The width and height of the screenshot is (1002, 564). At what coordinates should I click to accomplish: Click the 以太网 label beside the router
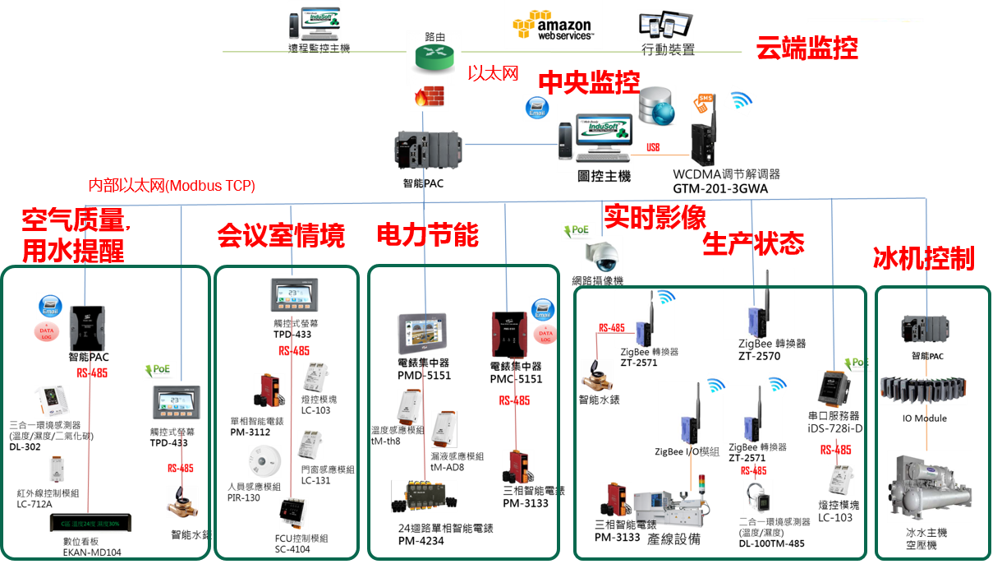493,73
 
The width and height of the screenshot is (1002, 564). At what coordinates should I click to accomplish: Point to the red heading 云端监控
807,49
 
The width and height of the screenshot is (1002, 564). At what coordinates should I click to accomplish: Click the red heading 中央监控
589,82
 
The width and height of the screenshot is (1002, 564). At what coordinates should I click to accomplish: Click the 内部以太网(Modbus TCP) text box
172,187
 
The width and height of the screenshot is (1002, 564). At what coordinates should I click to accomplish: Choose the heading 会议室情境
280,236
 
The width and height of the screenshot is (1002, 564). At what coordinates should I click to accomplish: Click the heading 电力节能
427,236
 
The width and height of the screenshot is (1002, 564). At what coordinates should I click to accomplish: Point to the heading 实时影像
655,217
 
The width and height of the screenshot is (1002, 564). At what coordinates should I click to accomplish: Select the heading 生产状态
753,243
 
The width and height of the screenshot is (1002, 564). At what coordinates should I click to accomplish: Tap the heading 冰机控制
923,260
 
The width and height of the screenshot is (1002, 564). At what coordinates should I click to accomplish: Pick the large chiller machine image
929,486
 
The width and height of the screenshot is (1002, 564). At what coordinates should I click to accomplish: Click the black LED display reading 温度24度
90,523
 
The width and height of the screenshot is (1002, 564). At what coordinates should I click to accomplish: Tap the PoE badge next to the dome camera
577,231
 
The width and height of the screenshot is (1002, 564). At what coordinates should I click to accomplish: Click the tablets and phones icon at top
665,25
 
